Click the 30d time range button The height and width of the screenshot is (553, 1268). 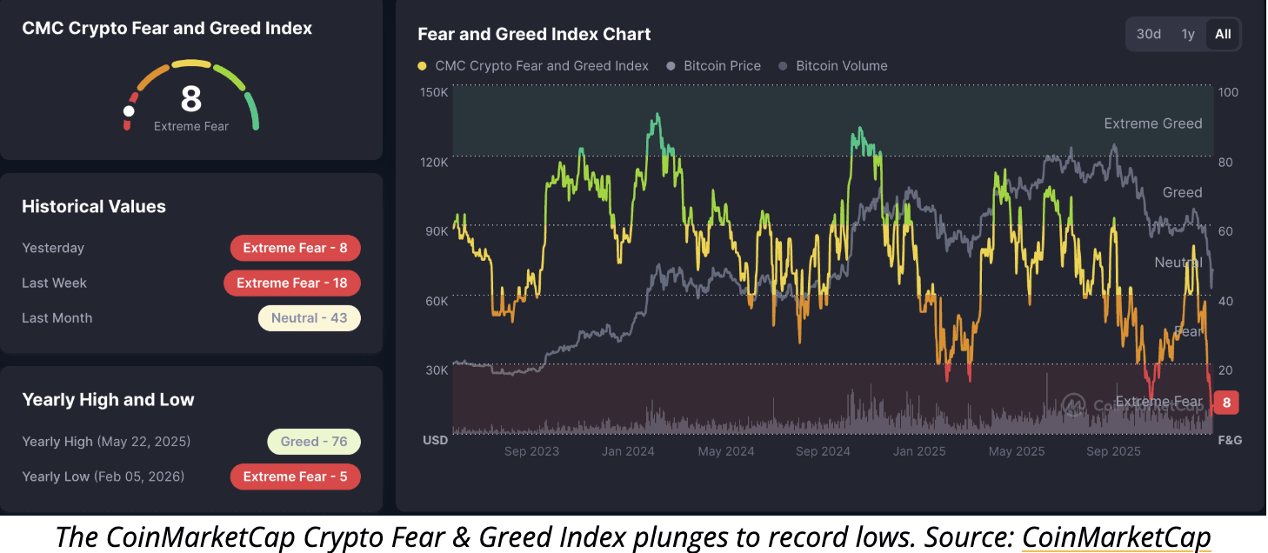[1149, 34]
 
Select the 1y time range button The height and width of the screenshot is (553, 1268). [1188, 34]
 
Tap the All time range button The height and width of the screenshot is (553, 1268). [1223, 34]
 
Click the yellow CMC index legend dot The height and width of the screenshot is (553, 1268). [423, 66]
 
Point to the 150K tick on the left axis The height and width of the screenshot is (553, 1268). [434, 92]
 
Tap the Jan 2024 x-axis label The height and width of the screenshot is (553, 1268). [628, 451]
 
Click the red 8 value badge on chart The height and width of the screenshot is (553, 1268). [1226, 403]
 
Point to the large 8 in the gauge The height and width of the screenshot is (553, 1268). [190, 99]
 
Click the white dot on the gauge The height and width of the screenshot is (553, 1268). [130, 111]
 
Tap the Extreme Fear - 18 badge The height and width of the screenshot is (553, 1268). [291, 283]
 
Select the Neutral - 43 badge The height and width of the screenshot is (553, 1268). [309, 318]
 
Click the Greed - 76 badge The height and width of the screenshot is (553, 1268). [314, 442]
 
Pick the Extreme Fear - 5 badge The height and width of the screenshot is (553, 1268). [295, 476]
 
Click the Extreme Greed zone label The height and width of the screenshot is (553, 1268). [1152, 123]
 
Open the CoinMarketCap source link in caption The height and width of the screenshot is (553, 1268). [1116, 537]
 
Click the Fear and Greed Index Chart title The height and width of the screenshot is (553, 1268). [534, 35]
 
